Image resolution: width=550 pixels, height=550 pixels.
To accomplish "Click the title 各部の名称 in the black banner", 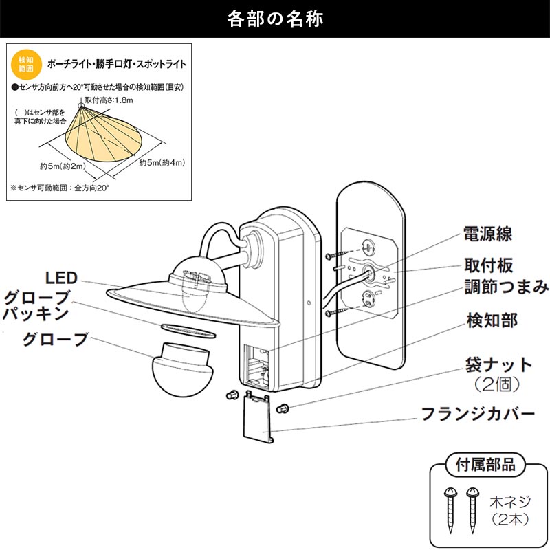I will coord(275,19).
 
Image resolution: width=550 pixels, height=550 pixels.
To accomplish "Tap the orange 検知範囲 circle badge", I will coord(25,66).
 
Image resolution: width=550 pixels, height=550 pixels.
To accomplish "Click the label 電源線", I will coord(489,234).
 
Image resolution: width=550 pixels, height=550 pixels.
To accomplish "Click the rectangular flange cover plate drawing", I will coord(259,419).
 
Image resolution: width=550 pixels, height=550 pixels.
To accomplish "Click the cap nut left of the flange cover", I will coord(232,395).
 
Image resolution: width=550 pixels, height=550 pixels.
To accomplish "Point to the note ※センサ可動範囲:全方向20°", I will coord(60,187).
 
